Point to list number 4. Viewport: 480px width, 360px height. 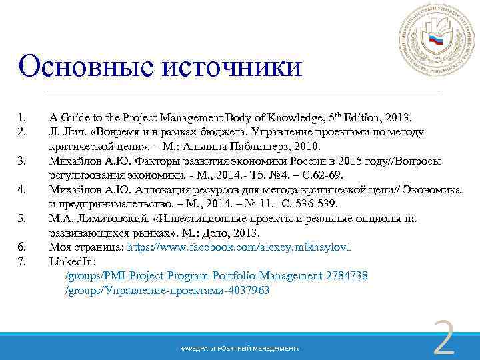pos(21,189)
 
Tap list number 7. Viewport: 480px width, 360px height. pos(21,261)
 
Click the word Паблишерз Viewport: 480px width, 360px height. pos(263,146)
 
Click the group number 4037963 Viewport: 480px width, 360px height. pos(246,290)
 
